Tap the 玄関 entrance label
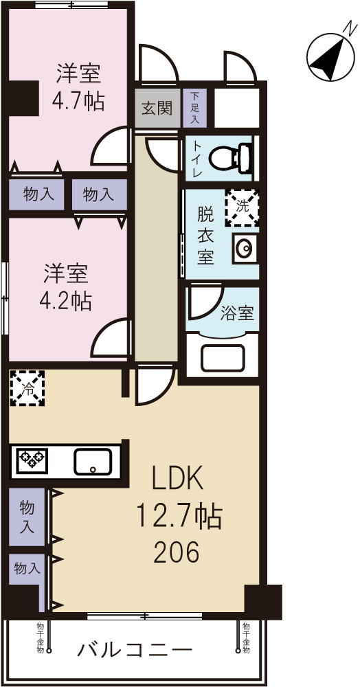(157, 108)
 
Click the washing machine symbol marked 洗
(243, 207)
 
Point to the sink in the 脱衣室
(244, 248)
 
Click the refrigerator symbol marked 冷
(27, 389)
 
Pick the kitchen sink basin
(94, 461)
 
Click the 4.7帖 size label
(79, 102)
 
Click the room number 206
(177, 551)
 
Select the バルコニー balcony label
(134, 649)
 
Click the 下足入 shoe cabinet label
(196, 108)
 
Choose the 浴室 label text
(237, 315)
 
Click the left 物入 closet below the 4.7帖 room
(38, 194)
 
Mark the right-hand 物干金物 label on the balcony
(245, 638)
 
